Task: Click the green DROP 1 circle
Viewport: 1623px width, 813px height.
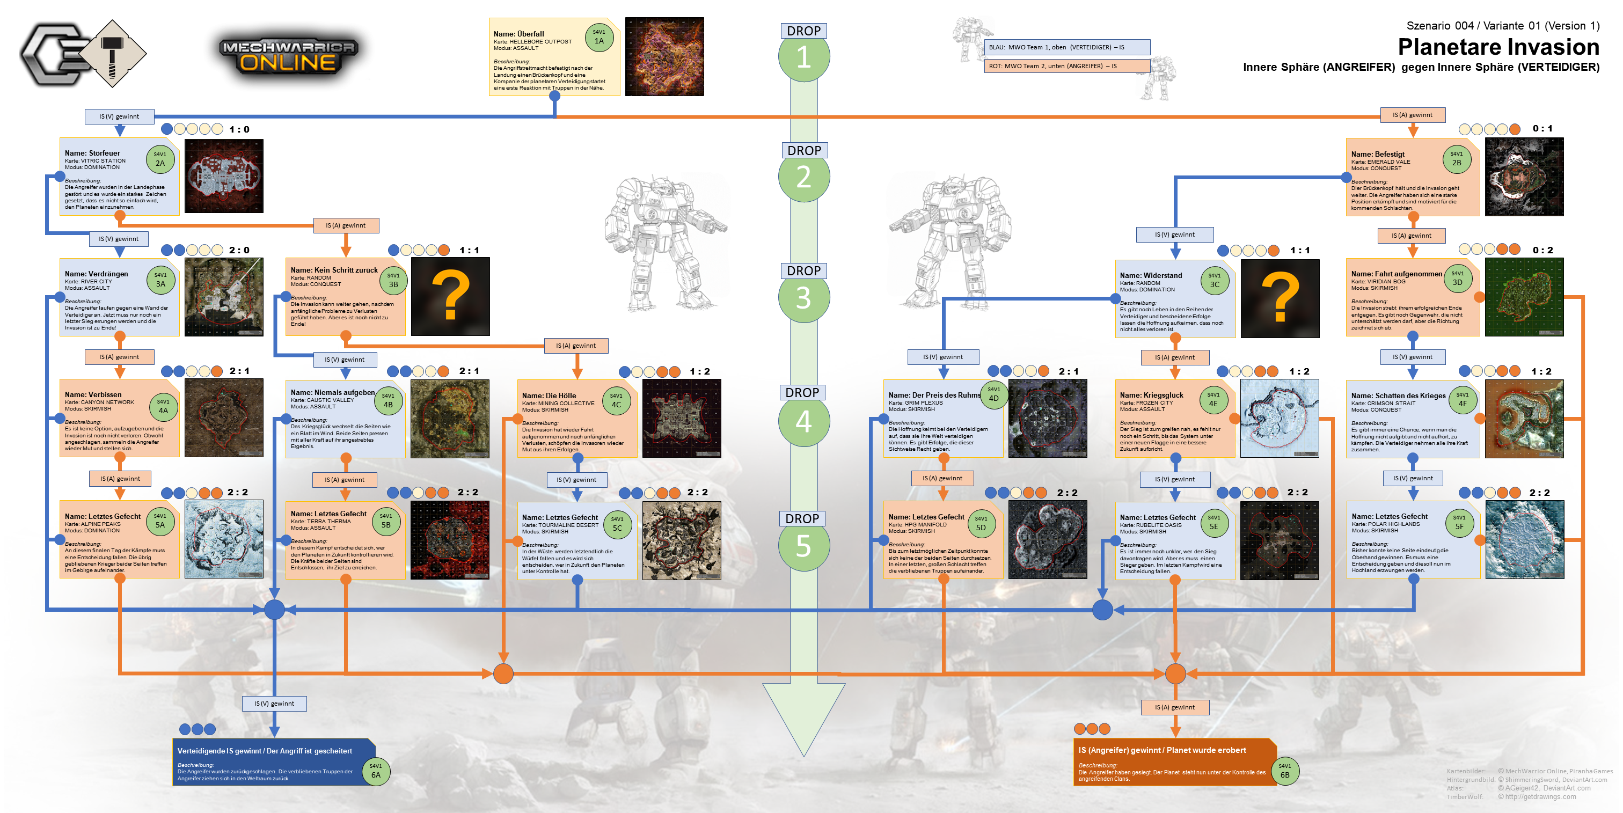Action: coord(803,57)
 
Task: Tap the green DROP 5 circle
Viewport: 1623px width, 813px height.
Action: coord(803,545)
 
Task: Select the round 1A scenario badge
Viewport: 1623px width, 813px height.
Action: coord(598,38)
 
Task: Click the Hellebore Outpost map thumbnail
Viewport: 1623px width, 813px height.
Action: coord(664,57)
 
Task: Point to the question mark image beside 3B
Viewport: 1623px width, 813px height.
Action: coord(450,296)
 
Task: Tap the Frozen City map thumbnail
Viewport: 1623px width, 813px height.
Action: coord(1279,418)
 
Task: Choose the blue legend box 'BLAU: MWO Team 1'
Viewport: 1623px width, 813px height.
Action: coord(1066,47)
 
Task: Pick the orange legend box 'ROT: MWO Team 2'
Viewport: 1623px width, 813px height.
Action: coord(1066,66)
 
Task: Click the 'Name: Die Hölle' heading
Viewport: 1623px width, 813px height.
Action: coord(549,395)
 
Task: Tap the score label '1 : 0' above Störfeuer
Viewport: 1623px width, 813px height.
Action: coord(239,129)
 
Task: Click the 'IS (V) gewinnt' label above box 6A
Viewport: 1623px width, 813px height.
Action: coord(274,704)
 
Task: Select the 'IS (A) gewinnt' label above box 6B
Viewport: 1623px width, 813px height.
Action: coord(1174,707)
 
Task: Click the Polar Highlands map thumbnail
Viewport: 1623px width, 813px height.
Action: coord(1524,540)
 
